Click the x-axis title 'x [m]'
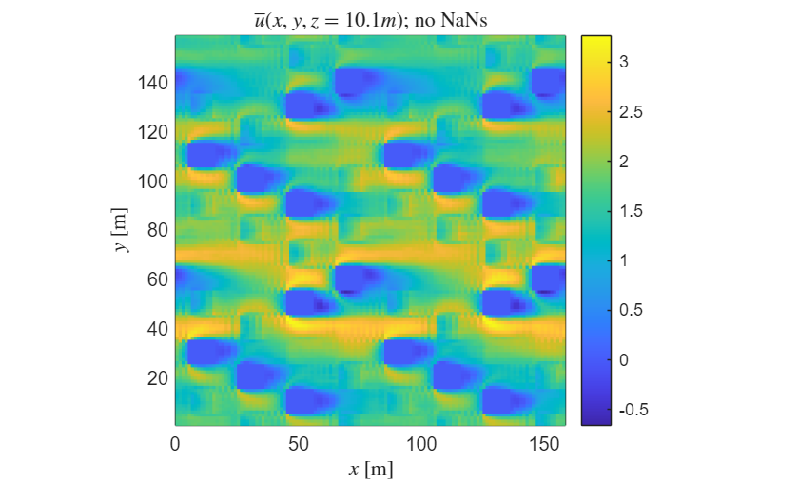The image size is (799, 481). [371, 469]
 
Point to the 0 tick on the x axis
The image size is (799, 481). [175, 444]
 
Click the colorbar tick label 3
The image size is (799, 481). [623, 62]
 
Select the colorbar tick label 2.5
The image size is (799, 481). [630, 111]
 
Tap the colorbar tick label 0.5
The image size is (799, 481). [630, 310]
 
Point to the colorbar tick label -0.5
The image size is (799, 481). [632, 410]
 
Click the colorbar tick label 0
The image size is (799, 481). [623, 360]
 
